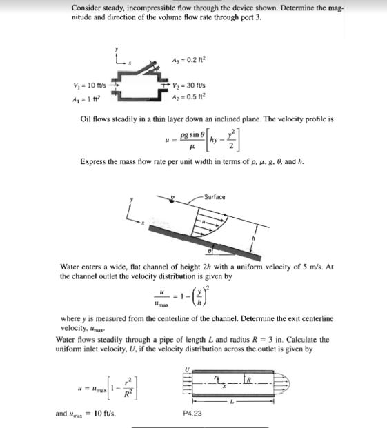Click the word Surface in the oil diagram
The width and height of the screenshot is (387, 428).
coord(214,197)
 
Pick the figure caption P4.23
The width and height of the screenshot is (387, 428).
coord(193,413)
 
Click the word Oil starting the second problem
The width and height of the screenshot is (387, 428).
coord(87,119)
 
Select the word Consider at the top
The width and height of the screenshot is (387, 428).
coord(86,8)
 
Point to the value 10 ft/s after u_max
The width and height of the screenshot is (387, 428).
coord(103,414)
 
